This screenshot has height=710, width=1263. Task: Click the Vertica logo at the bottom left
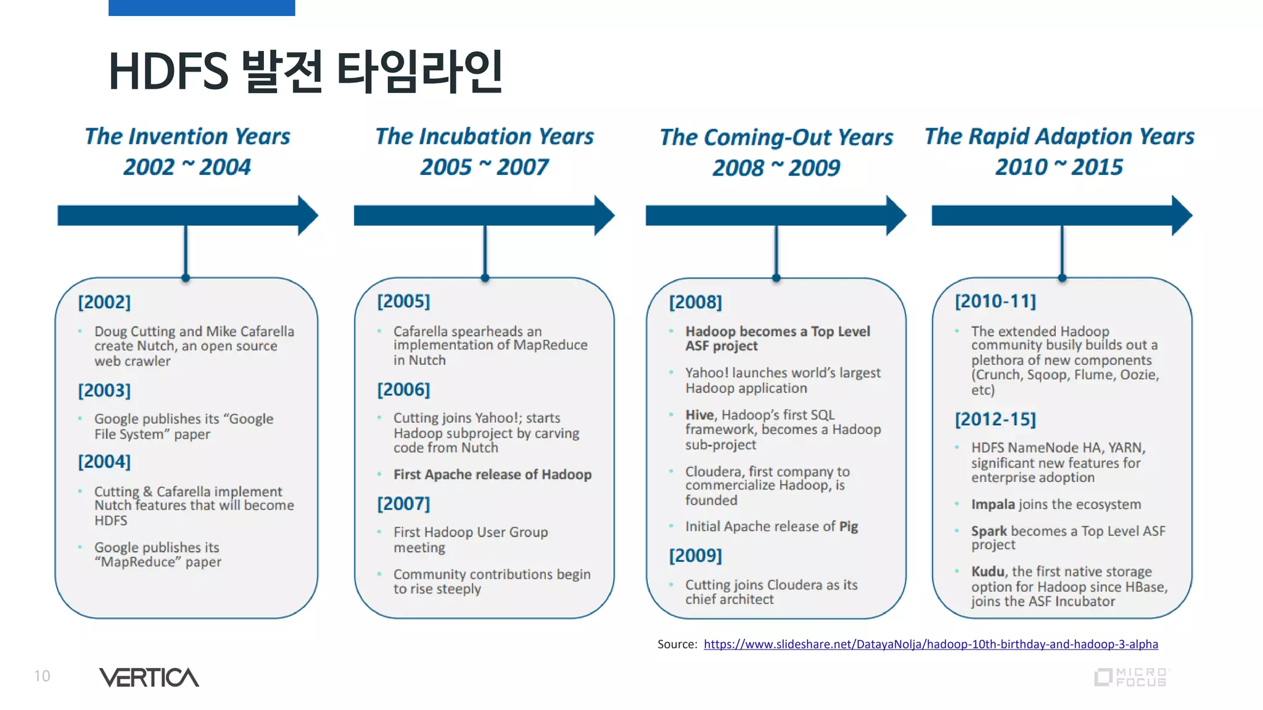(149, 677)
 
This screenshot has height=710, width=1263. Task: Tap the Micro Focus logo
(1132, 677)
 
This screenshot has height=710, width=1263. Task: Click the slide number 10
(42, 676)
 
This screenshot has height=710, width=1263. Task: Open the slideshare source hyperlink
(931, 644)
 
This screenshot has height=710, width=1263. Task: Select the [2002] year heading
(104, 302)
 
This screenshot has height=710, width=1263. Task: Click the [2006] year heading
(403, 390)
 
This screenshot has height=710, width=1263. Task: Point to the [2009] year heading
(695, 555)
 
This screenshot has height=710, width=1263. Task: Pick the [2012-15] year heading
(995, 419)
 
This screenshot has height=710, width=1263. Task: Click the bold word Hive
(699, 415)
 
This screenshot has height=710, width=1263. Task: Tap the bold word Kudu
(987, 571)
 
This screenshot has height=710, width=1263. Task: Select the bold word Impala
(992, 504)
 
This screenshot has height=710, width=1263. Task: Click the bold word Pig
(849, 526)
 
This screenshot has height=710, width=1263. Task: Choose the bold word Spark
(989, 531)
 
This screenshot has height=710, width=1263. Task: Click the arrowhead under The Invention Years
(308, 215)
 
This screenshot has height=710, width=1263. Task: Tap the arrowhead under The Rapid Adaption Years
(1182, 215)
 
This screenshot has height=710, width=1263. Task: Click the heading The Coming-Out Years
(776, 137)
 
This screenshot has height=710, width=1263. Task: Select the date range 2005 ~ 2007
(484, 167)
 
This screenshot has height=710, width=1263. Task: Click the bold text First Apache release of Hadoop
(492, 475)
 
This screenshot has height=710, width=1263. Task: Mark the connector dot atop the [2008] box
(776, 278)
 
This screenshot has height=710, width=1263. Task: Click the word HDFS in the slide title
(168, 71)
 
